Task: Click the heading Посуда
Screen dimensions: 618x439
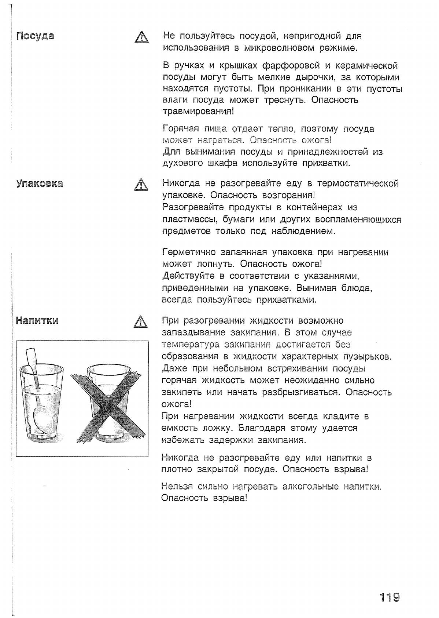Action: [x=36, y=36]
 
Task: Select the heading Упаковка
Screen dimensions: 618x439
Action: [x=40, y=183]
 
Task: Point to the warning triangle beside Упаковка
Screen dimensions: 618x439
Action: [x=140, y=185]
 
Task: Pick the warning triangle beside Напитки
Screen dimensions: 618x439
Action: [x=140, y=322]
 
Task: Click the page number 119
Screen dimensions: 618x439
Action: [x=389, y=597]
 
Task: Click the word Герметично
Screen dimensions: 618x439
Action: [x=188, y=252]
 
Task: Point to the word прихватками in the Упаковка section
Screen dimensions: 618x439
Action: [x=286, y=300]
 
